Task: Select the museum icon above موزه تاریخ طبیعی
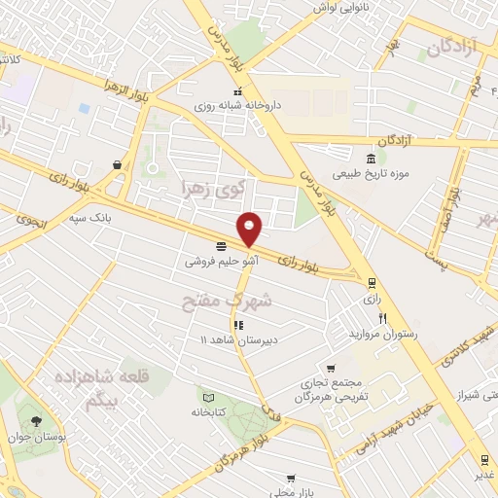pos(371,160)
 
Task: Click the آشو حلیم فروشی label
pos(221,261)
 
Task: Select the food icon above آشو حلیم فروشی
pos(221,246)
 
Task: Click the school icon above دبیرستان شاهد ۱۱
pos(237,325)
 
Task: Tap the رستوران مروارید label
pos(382,333)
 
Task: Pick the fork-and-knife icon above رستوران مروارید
pos(384,318)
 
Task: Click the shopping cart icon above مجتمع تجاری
pos(331,369)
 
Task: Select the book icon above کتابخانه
pos(207,397)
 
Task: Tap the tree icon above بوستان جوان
pos(36,421)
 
